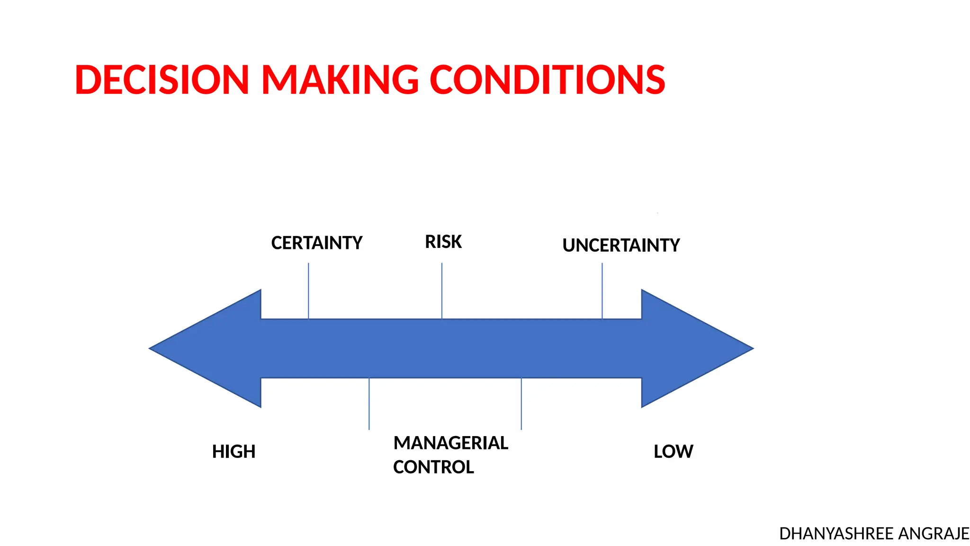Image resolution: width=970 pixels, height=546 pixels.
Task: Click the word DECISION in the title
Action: (162, 80)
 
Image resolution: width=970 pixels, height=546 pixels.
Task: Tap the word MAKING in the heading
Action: (340, 80)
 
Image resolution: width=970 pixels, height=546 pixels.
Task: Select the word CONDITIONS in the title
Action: (547, 80)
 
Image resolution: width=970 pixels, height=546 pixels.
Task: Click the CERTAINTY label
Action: (316, 243)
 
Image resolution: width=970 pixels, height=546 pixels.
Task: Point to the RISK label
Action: (443, 242)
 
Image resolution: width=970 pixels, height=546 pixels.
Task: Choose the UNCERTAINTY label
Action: (620, 246)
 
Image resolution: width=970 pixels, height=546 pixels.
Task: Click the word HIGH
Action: (234, 452)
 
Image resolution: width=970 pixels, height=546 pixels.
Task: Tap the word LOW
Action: (673, 452)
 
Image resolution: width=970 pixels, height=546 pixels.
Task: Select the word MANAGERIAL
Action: (450, 443)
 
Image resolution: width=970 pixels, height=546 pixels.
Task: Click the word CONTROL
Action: (433, 467)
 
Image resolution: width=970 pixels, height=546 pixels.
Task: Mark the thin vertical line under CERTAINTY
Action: (308, 290)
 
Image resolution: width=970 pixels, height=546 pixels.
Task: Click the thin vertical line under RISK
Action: (442, 290)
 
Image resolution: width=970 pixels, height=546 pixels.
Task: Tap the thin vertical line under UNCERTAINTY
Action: (602, 290)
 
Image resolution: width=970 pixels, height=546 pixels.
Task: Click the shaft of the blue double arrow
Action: (450, 348)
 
